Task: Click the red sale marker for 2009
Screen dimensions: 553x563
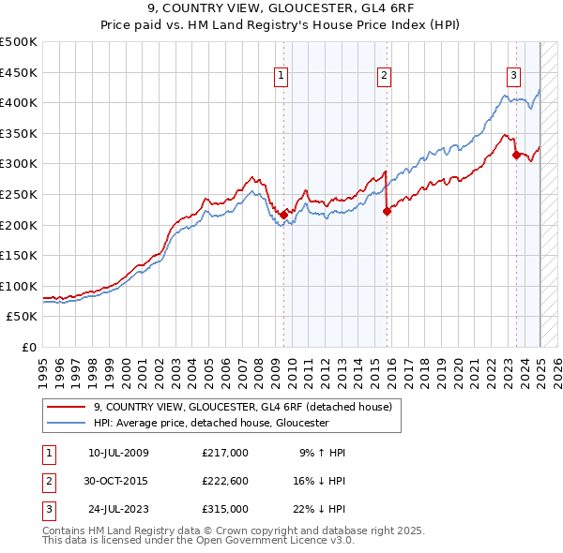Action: pos(283,215)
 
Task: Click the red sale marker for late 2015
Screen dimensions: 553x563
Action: pos(387,211)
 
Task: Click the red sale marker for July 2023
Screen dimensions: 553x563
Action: pos(515,155)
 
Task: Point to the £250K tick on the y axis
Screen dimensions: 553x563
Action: pos(19,194)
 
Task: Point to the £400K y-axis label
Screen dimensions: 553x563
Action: pos(19,102)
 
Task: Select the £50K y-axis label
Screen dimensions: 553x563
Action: pos(23,317)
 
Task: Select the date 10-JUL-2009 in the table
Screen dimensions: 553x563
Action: pos(118,453)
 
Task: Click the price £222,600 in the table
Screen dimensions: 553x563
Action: pos(225,481)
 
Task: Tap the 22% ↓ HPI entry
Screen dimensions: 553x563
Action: pos(318,509)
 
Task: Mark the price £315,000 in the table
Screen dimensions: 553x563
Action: pos(225,509)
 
